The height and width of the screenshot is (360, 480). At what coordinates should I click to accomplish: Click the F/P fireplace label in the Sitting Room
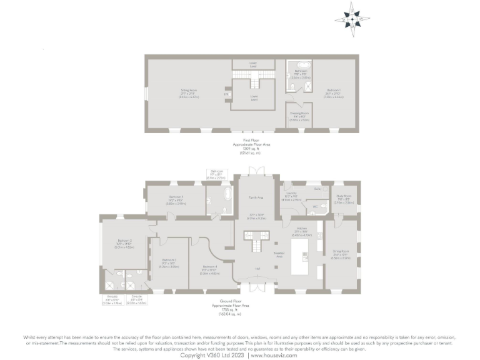pos(226,94)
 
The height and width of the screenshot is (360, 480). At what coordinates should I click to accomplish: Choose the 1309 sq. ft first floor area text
pos(249,148)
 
